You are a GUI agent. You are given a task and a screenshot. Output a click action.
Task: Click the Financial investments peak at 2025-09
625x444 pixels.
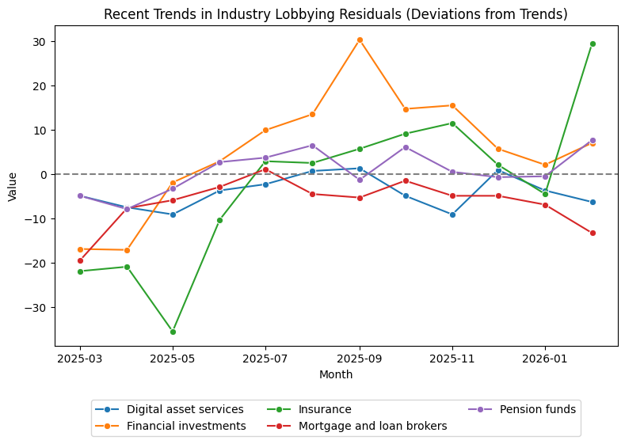(x=360, y=40)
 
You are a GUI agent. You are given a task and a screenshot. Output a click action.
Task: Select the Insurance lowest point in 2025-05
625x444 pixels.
(x=173, y=332)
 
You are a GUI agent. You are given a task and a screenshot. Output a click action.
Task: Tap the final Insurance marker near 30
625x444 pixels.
(x=593, y=44)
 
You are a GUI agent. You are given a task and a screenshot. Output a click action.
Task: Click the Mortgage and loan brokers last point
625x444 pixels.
(x=593, y=233)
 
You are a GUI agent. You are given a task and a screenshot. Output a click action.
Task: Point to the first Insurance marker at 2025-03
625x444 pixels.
(x=80, y=271)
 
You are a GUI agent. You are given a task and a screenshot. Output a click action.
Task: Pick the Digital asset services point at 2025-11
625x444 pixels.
(x=452, y=214)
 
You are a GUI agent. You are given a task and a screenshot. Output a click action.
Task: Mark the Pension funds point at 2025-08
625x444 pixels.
(x=312, y=146)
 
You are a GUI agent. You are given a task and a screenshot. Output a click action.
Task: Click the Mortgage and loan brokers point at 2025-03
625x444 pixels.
(x=80, y=260)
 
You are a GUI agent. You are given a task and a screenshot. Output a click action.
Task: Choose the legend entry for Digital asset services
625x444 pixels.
(x=185, y=409)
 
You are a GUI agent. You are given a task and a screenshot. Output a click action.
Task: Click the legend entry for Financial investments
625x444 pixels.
(x=186, y=426)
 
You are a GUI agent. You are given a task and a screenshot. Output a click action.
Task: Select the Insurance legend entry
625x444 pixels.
(x=324, y=409)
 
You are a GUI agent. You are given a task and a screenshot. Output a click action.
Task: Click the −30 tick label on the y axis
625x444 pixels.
(x=38, y=307)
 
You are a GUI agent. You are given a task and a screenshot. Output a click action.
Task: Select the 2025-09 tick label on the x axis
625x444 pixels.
(x=360, y=359)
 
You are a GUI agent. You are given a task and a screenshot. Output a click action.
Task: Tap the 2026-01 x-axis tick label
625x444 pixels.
(x=545, y=359)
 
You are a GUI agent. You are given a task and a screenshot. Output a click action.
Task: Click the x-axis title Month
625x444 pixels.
(x=336, y=374)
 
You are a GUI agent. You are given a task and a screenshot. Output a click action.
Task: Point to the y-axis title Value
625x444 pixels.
(x=12, y=187)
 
